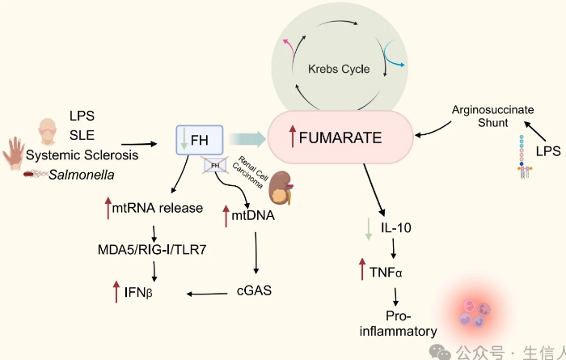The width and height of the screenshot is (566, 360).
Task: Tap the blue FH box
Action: click(x=199, y=140)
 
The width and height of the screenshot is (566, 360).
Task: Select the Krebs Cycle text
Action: click(x=340, y=69)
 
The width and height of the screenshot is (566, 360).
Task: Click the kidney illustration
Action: click(x=283, y=188)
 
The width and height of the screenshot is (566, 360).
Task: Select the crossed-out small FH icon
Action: click(x=214, y=166)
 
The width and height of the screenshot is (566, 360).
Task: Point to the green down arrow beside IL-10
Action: click(x=368, y=227)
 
